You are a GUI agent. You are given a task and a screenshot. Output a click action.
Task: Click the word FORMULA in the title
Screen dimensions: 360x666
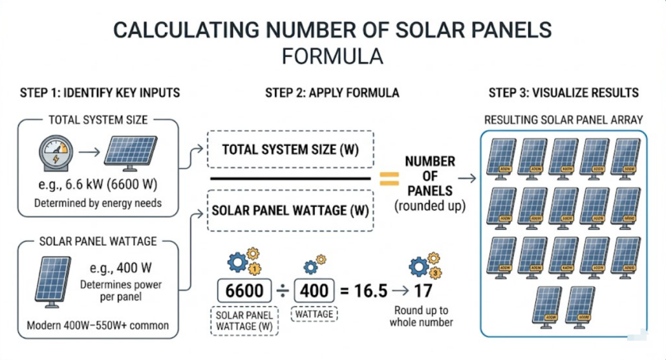tap(332, 56)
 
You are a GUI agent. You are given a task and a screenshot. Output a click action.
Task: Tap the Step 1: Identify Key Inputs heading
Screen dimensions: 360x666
tap(100, 93)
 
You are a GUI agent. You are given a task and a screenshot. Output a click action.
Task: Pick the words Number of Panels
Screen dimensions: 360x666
tap(430, 176)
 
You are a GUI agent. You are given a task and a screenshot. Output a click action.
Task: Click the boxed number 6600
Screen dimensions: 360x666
tap(244, 290)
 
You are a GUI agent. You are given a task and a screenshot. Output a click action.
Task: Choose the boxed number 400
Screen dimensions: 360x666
tap(314, 290)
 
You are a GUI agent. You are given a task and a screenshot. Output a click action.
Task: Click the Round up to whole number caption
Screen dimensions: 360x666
tap(421, 315)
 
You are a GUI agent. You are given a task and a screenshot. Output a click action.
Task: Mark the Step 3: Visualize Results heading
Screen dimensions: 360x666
tap(563, 93)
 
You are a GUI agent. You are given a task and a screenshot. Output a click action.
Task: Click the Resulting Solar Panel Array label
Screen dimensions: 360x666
tap(563, 120)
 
